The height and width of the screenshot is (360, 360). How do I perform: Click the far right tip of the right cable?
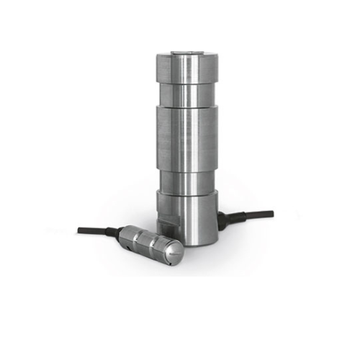(x=273, y=212)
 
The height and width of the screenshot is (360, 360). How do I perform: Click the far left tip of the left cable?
(x=78, y=230)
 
